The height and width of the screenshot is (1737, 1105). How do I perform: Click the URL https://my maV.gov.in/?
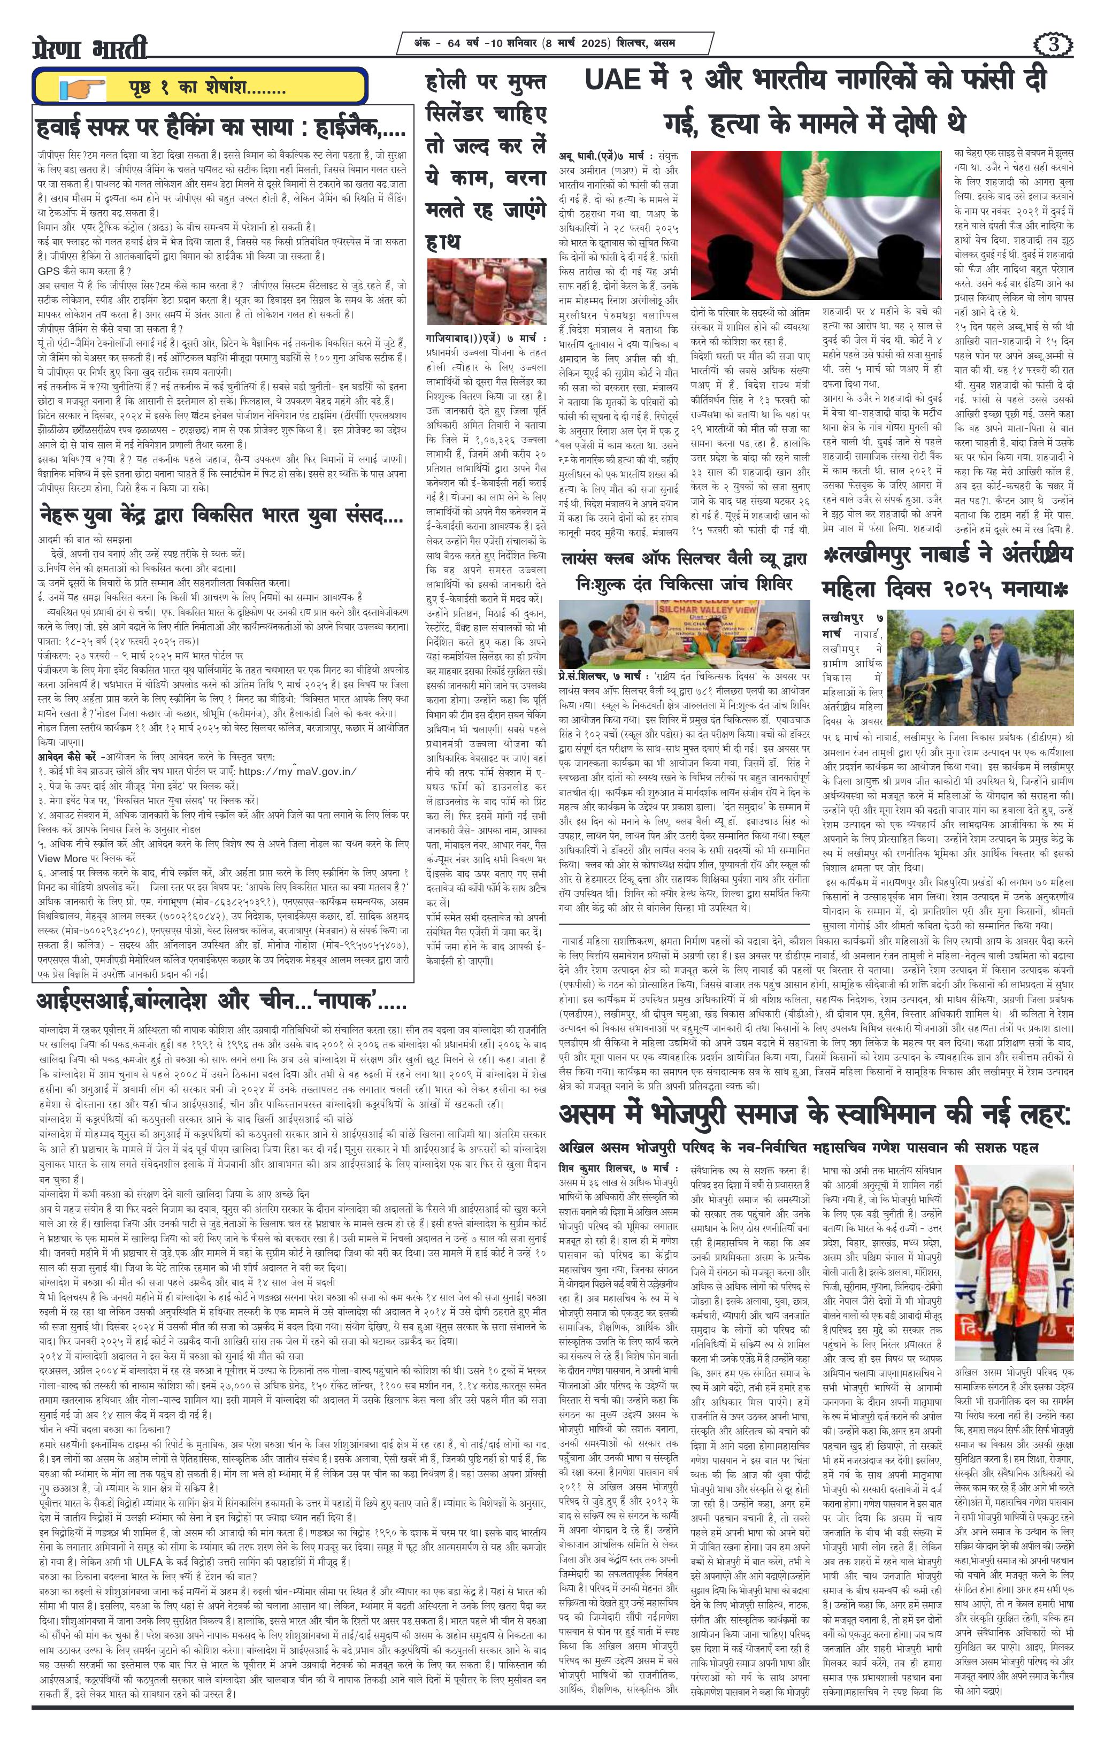pyautogui.click(x=296, y=771)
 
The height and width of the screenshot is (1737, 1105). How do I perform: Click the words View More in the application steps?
pyautogui.click(x=63, y=858)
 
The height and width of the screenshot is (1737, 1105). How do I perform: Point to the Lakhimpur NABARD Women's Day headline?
pyautogui.click(x=947, y=572)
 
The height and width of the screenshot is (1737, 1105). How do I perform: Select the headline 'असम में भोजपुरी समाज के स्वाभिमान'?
pyautogui.click(x=814, y=1115)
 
